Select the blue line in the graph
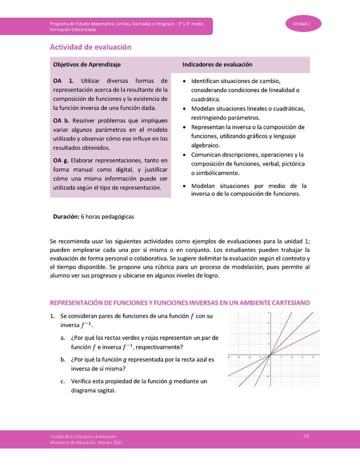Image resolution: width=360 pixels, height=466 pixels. point(295,330)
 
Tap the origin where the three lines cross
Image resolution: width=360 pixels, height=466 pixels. point(270,355)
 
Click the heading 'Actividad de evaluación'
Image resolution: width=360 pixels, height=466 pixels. point(90,47)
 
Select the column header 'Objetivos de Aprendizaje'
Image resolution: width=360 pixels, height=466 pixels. point(86,65)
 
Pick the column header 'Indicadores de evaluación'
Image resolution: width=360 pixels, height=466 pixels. point(217,65)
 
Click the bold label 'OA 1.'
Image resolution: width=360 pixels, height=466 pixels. point(63,80)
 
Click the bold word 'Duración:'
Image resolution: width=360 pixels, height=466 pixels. point(66,217)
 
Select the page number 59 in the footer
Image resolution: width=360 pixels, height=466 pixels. point(306,436)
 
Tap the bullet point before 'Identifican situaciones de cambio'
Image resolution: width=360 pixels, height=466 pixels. point(185,81)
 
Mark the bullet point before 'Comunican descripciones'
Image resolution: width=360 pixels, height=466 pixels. point(185,155)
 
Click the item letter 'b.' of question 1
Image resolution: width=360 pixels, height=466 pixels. point(63,359)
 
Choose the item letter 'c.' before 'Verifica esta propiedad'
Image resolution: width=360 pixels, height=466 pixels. point(63,381)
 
